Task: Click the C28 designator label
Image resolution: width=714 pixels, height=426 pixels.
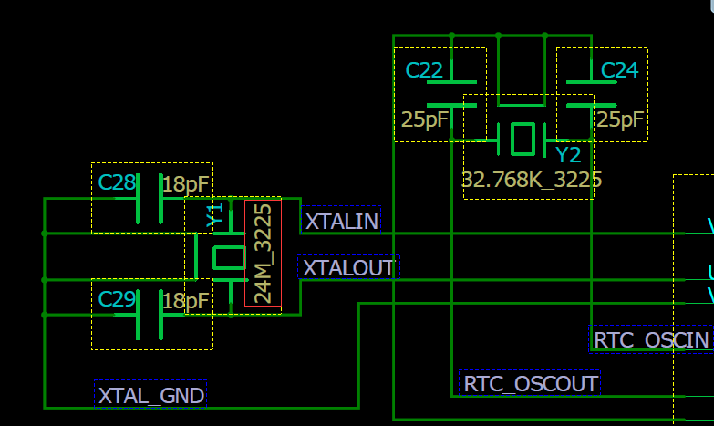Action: pos(117,182)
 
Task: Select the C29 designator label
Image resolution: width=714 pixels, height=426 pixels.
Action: pos(117,298)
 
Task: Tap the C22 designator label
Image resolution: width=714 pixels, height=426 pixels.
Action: pos(424,70)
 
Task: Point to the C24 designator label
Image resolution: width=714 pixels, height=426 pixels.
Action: pos(619,70)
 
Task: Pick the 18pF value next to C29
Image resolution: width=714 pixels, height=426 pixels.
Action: pos(186,300)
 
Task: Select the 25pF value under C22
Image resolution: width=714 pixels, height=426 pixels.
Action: pos(424,119)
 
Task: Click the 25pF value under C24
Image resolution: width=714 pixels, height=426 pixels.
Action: pos(621,119)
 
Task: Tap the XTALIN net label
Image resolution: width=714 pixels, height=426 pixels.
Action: pos(341,221)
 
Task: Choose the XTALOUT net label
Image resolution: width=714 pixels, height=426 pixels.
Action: pos(347,267)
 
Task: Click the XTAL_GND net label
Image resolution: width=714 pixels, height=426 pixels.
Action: pos(150,395)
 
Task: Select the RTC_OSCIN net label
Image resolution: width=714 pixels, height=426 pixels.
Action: pos(651,339)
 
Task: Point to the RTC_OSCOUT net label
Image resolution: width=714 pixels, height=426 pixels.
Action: pos(531,383)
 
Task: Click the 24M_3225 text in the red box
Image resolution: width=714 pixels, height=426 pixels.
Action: pos(263,254)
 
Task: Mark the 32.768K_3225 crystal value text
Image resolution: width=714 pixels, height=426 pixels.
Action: pos(532,180)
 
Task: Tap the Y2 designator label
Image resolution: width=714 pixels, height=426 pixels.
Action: pos(568,154)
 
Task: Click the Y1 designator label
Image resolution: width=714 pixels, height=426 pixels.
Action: pos(215,216)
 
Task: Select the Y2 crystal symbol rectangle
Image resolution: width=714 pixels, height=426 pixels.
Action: pos(522,139)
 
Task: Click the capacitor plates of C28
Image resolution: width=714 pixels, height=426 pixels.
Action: pos(149,198)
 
